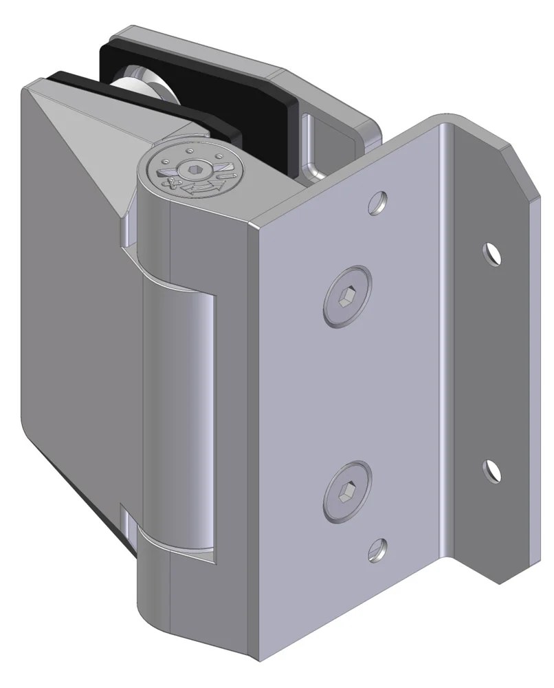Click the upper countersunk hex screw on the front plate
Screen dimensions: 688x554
pos(347,297)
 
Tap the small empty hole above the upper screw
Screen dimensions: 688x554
pos(377,202)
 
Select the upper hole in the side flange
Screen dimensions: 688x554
pos(491,253)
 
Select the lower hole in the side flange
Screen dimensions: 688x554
pos(491,470)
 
